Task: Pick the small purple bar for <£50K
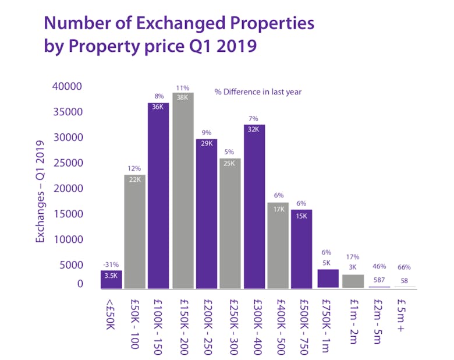pos(111,280)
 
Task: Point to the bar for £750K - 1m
pos(328,279)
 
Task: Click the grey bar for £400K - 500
pos(278,245)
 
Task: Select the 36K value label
pos(158,107)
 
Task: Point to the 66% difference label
pos(404,267)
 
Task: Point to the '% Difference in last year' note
pos(258,91)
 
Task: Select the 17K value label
pos(278,207)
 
